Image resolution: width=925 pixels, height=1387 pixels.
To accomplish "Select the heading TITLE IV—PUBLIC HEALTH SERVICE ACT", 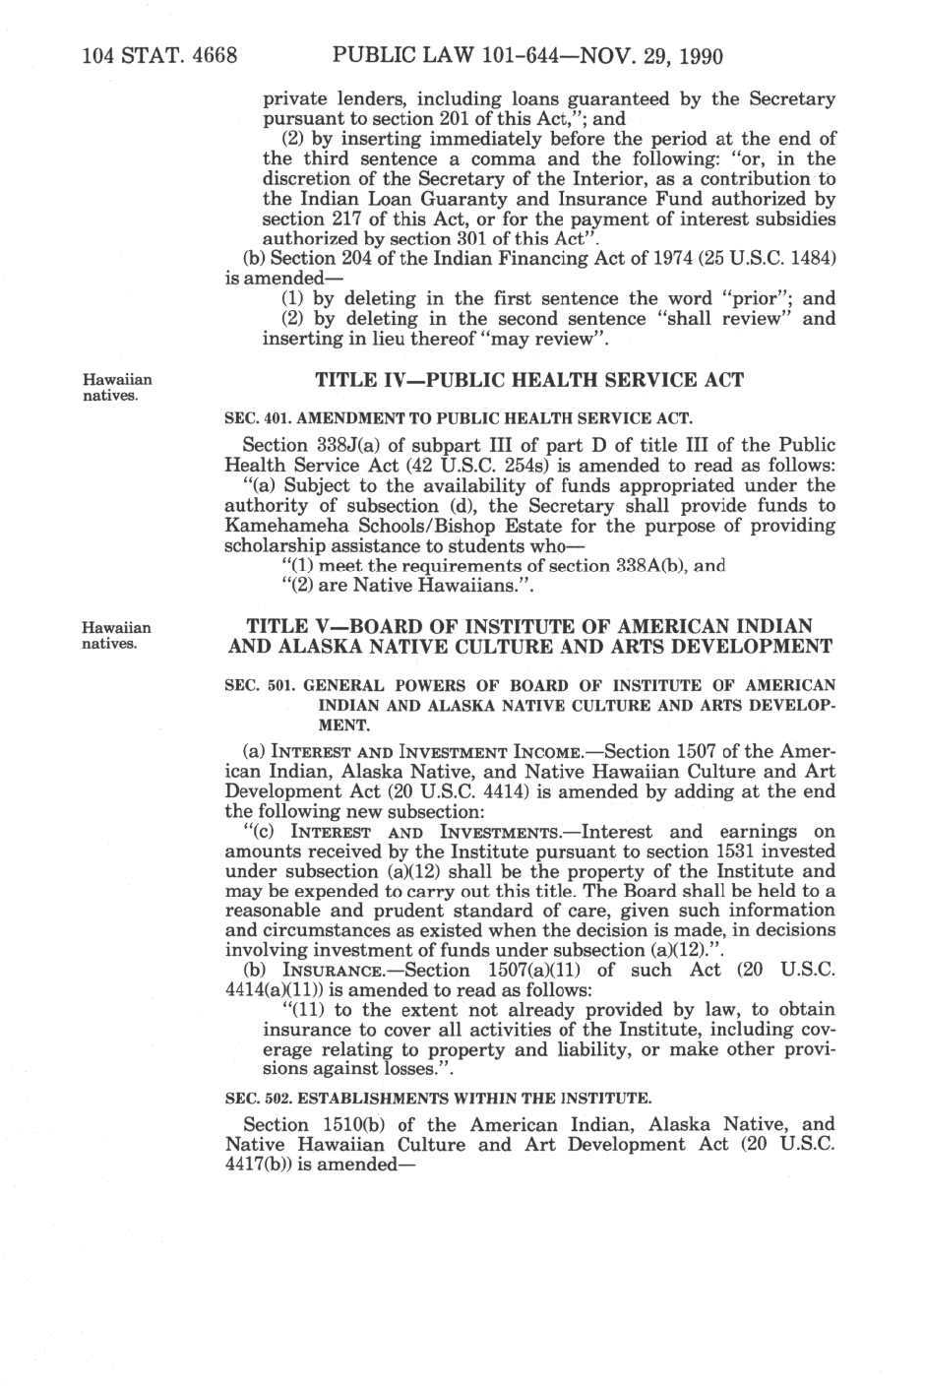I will [529, 380].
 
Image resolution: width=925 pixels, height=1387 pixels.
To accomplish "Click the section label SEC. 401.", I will [258, 416].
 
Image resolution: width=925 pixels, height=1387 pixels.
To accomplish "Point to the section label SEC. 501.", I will [258, 685].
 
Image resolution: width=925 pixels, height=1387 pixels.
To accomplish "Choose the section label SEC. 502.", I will [258, 1097].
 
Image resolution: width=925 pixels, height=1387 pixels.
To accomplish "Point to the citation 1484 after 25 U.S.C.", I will [813, 258].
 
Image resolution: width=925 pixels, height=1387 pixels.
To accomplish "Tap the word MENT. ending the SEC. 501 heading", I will [339, 725].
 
